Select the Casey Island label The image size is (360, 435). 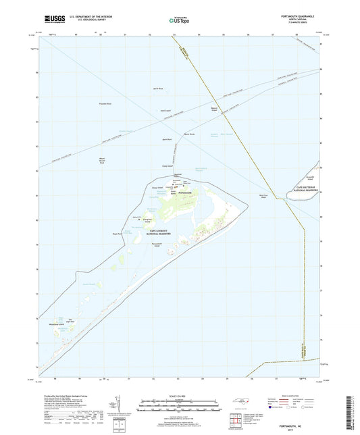coord(168,165)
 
